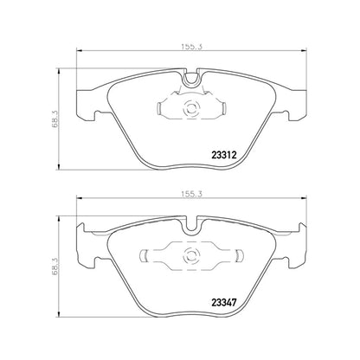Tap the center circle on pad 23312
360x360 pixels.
pos(193,111)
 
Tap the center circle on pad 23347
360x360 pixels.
pos(192,256)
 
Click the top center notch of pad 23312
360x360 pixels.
pos(192,80)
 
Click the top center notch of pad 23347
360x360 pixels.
pos(192,227)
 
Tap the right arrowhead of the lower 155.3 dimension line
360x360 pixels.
pos(304,204)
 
